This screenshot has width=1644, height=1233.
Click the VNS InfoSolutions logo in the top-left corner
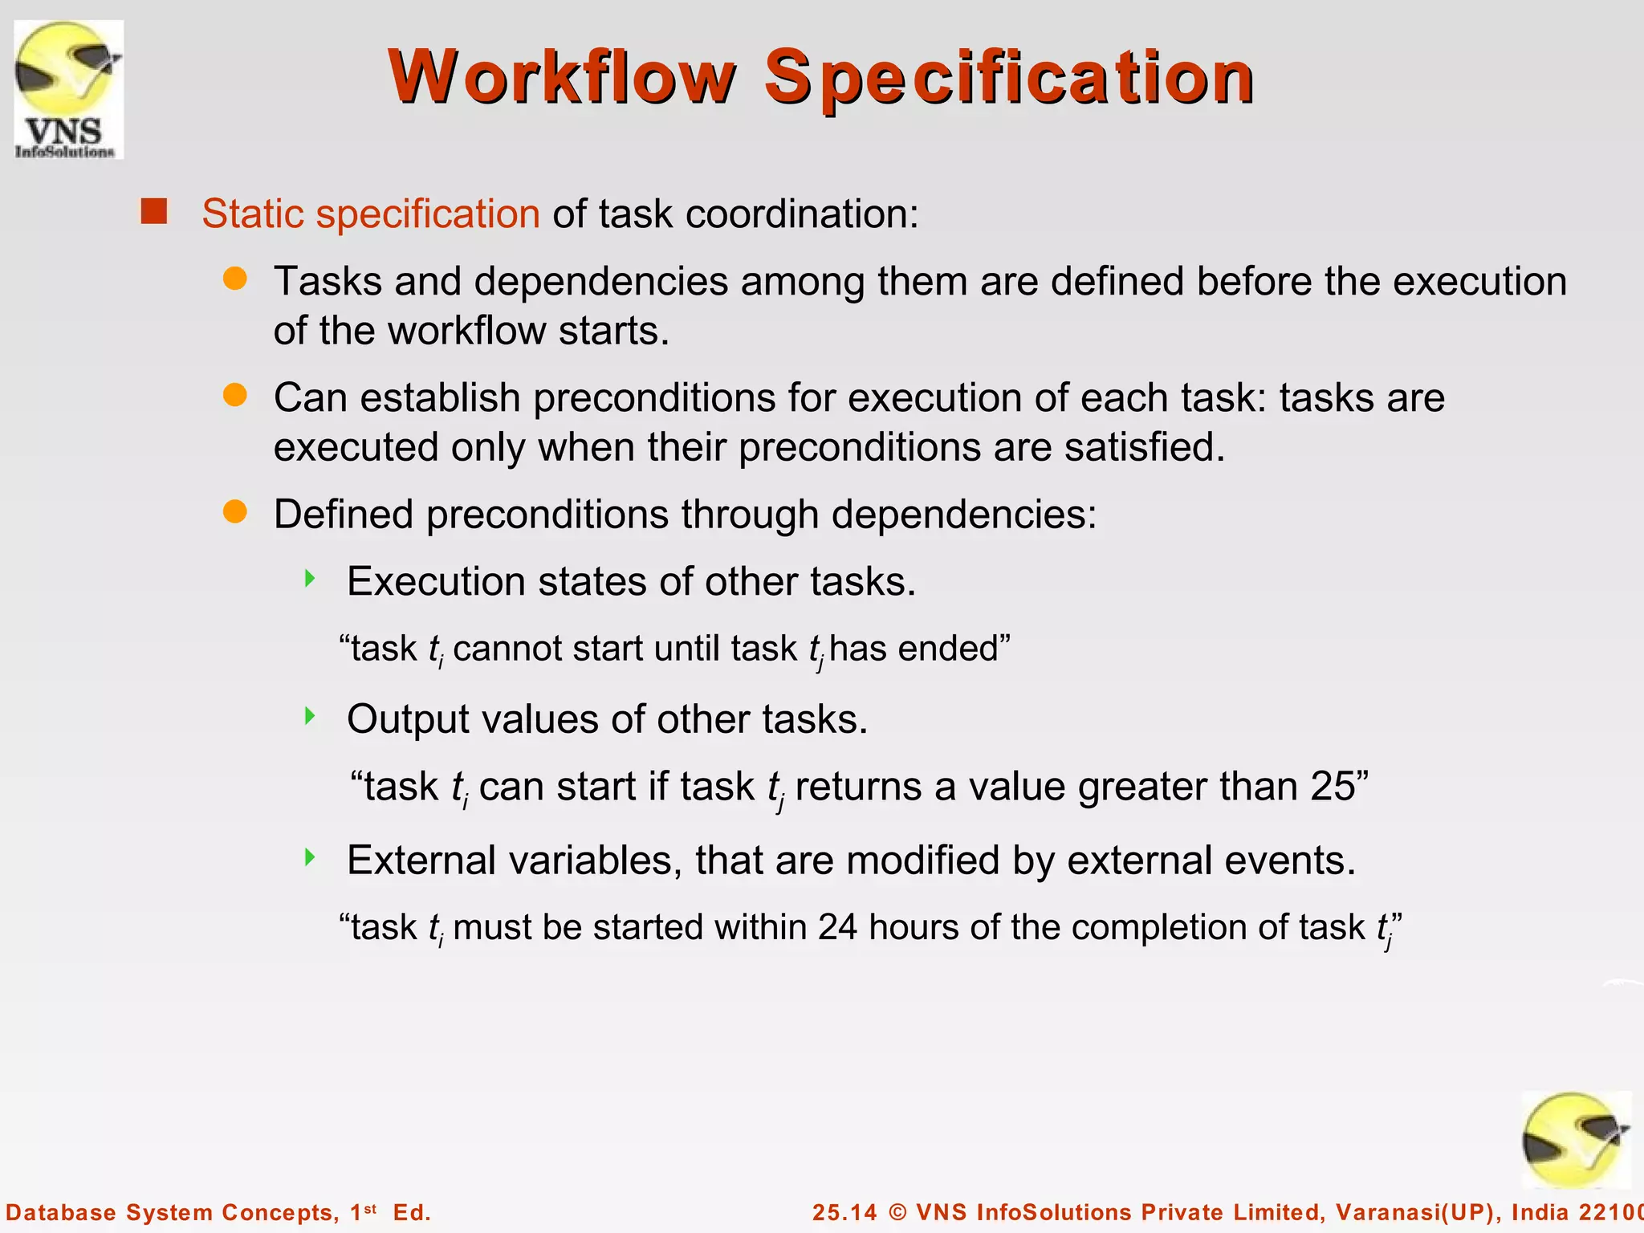click(x=69, y=89)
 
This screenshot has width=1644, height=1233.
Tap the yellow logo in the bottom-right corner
click(x=1576, y=1141)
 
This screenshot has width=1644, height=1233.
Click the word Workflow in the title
click(x=561, y=77)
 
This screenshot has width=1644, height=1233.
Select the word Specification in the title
click(x=1009, y=77)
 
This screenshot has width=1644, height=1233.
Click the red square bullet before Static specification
click(x=153, y=212)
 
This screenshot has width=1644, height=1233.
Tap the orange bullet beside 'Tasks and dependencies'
click(x=235, y=279)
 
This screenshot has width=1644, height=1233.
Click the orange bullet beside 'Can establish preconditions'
click(x=235, y=396)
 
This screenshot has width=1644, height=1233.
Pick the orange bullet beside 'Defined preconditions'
click(x=235, y=512)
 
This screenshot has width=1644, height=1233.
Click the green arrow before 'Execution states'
click(x=310, y=579)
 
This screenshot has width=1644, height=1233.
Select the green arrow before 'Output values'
click(x=310, y=716)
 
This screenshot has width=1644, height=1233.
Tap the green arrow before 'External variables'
click(x=310, y=857)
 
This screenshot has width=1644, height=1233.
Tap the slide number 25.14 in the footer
click(x=844, y=1212)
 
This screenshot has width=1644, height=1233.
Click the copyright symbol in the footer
click(x=897, y=1212)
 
